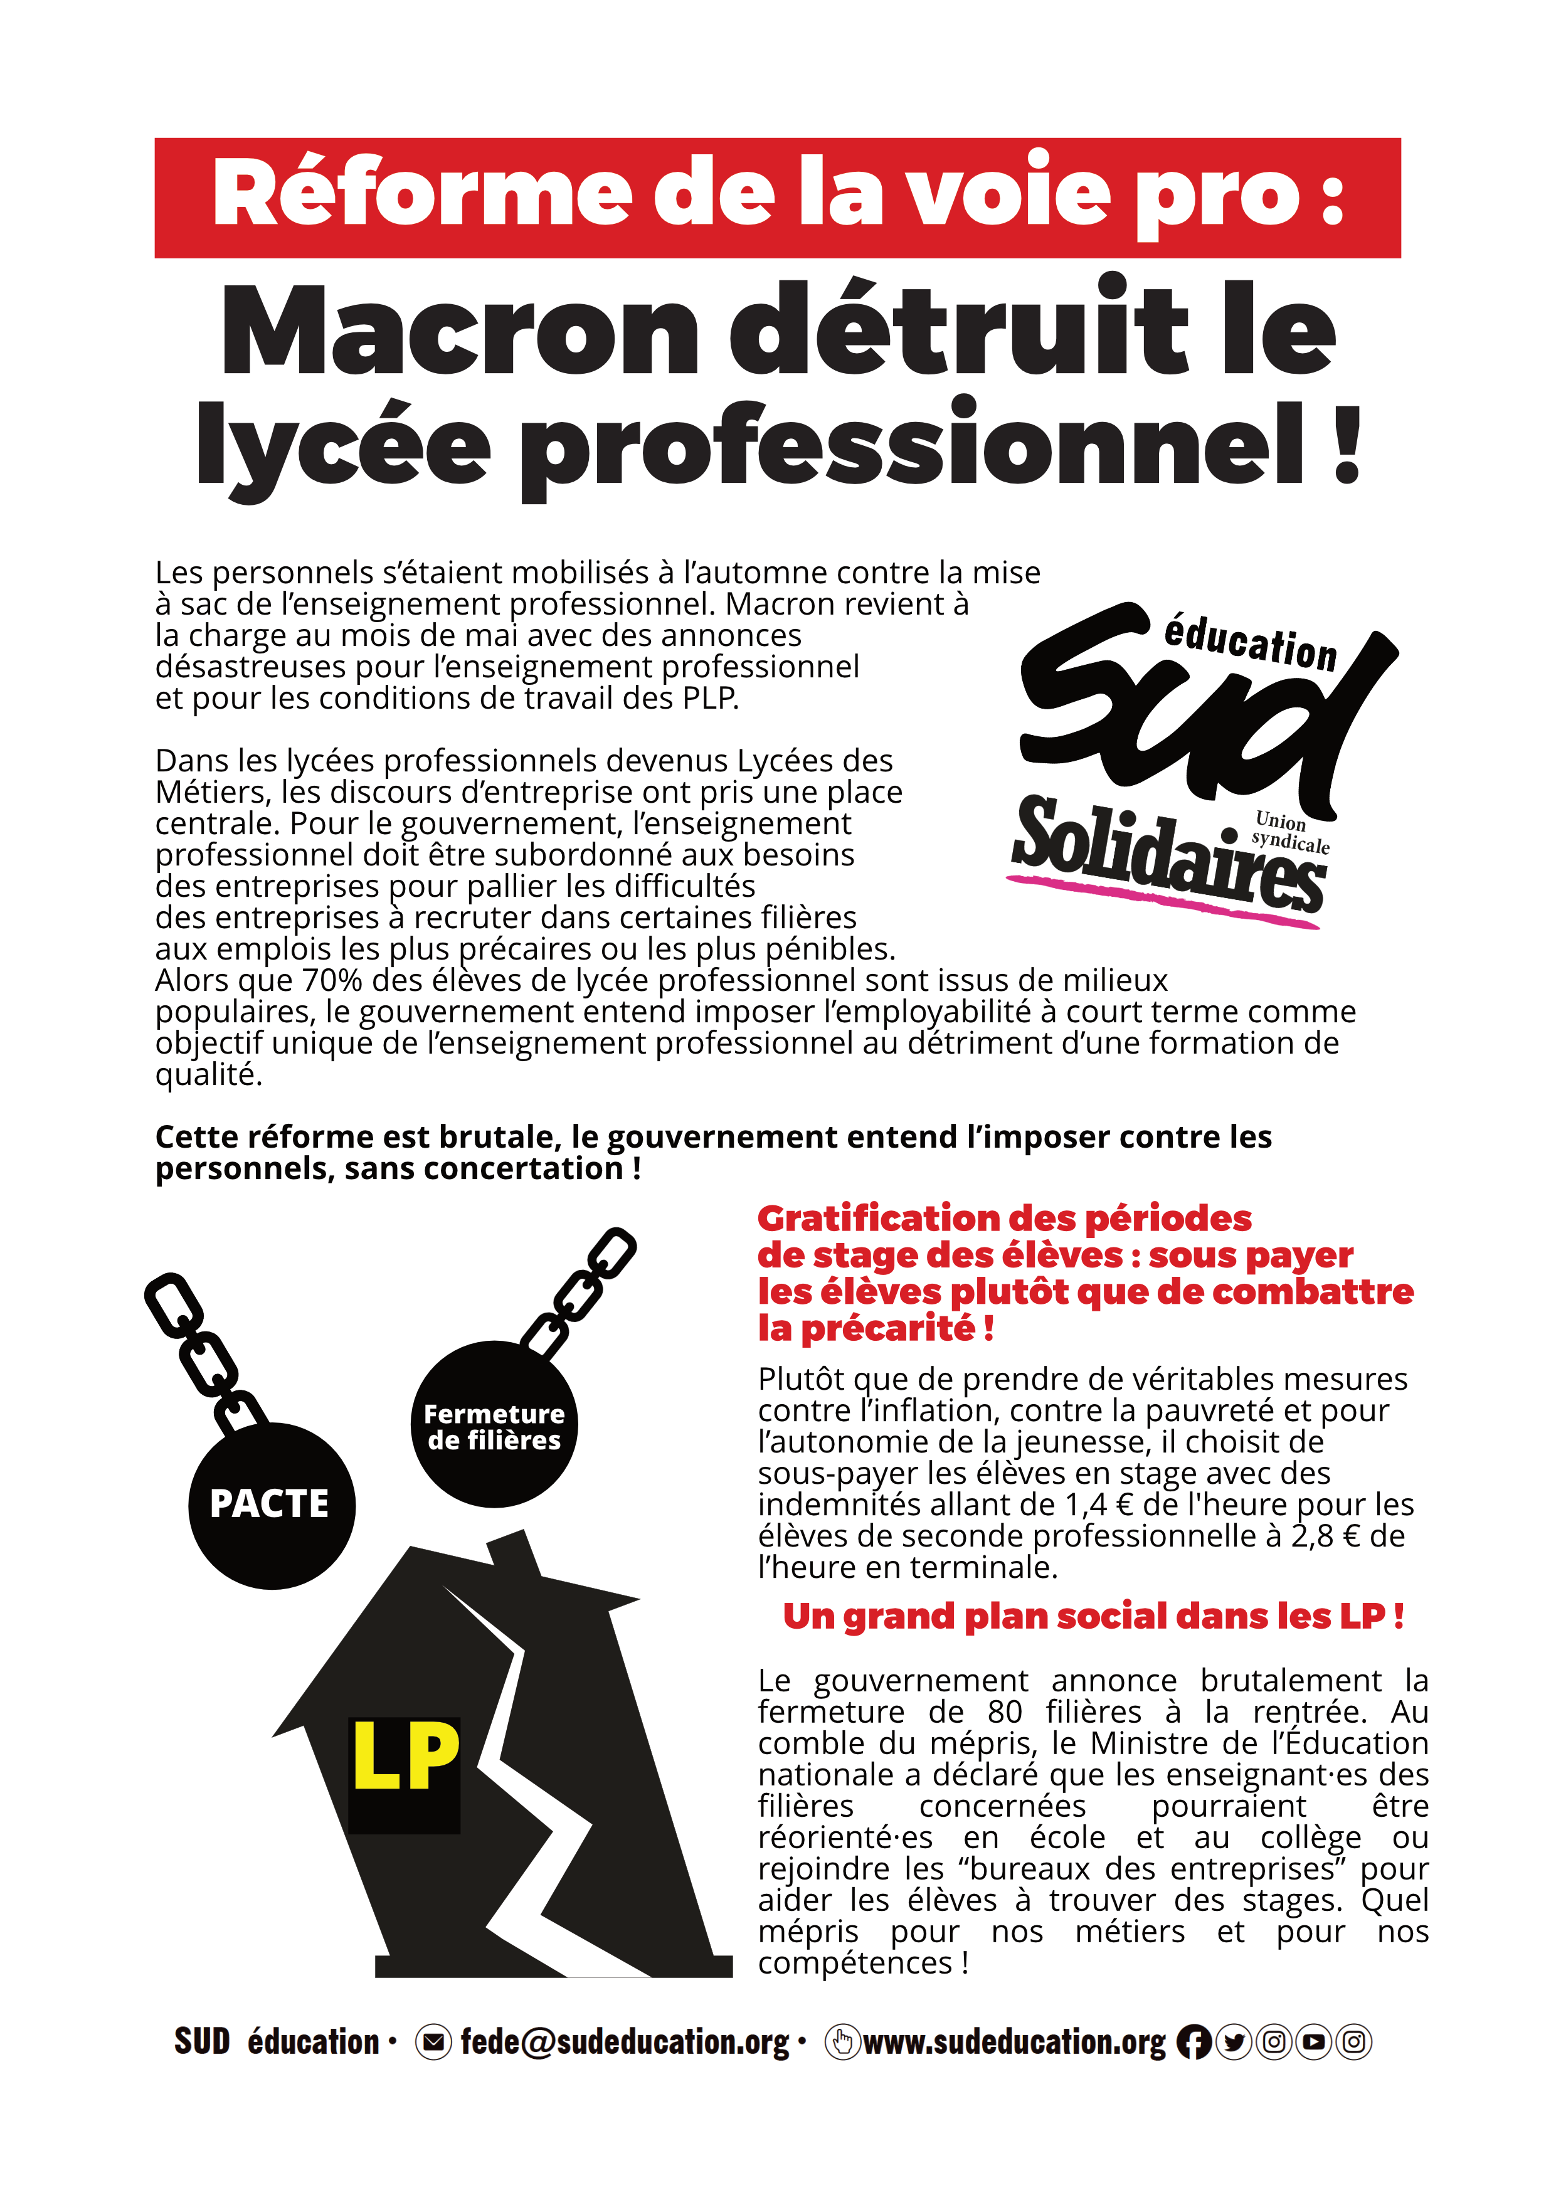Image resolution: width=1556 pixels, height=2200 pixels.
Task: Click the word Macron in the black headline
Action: tap(460, 331)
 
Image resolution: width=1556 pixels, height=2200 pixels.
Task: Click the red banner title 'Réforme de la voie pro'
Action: tap(777, 196)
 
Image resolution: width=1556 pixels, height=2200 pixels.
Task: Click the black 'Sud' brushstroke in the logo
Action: tap(1188, 709)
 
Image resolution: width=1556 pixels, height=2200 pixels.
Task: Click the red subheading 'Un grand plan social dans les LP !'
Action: tap(1093, 1617)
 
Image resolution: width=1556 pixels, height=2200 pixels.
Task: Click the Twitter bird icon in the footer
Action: tap(1234, 2042)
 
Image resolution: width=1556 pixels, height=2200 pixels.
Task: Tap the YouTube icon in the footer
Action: tap(1313, 2042)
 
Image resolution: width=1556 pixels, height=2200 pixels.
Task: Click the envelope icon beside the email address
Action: tap(433, 2042)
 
